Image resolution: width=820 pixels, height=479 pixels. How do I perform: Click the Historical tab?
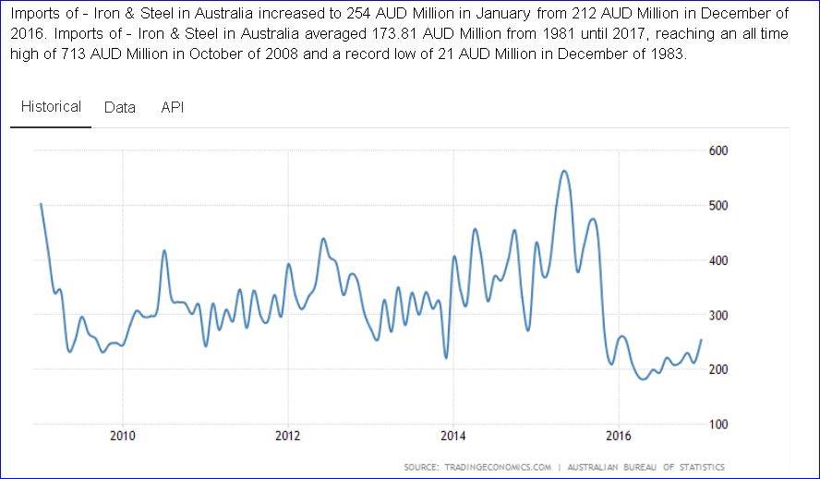click(52, 107)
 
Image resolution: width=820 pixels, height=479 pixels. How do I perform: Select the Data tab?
click(120, 107)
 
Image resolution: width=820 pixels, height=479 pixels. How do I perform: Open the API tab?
click(173, 107)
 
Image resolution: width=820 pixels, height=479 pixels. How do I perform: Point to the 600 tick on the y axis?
click(718, 150)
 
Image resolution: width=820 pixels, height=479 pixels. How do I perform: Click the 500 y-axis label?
click(718, 205)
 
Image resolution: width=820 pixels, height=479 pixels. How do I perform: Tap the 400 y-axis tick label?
click(718, 260)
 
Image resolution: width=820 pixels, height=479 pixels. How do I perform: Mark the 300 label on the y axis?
click(718, 315)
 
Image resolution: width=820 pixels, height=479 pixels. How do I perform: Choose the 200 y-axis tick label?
click(718, 369)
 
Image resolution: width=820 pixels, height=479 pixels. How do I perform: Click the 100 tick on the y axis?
click(718, 425)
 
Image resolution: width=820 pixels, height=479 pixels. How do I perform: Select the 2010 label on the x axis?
click(123, 436)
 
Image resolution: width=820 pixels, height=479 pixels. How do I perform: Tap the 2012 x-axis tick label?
click(288, 436)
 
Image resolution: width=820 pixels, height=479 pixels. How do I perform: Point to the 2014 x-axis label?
click(453, 436)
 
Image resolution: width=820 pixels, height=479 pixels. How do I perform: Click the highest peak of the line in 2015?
click(563, 171)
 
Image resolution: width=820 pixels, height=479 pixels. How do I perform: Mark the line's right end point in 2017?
click(701, 340)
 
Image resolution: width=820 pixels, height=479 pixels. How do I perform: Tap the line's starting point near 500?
click(41, 204)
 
